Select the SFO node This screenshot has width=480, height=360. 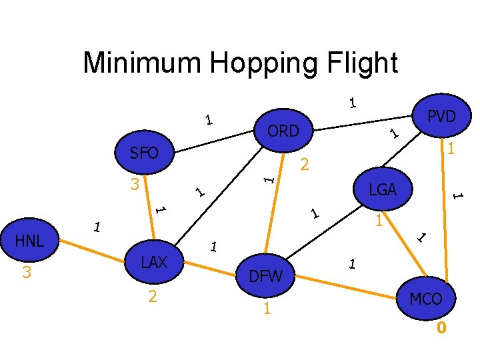[x=144, y=154]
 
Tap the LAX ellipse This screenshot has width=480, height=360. [x=154, y=262]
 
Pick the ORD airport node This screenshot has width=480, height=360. [x=283, y=131]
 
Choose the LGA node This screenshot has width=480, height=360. [x=383, y=190]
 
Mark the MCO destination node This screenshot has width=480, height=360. [x=426, y=299]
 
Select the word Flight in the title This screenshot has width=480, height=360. [x=366, y=63]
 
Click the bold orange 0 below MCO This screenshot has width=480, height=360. [x=441, y=328]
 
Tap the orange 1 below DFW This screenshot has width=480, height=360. [x=266, y=309]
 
